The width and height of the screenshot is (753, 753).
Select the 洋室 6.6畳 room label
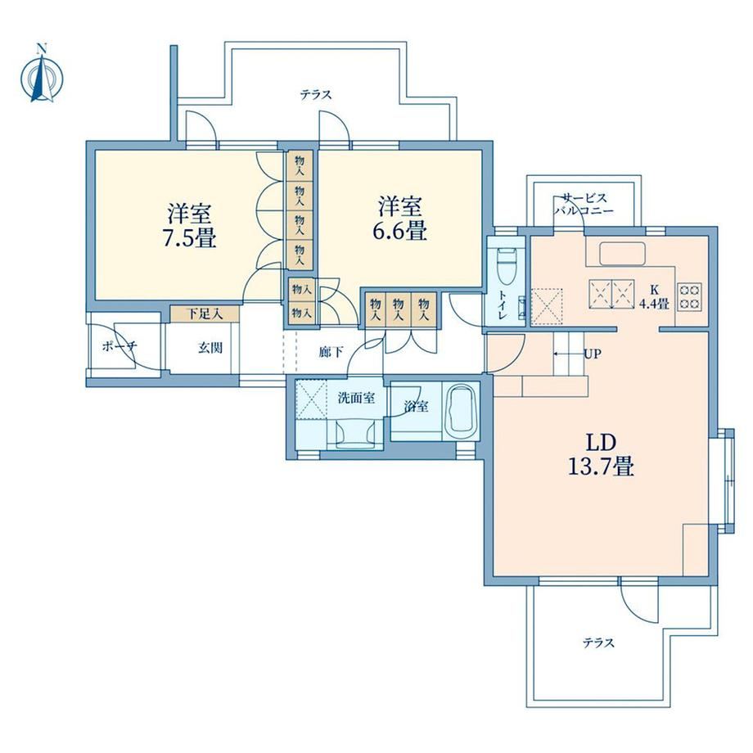click(x=400, y=219)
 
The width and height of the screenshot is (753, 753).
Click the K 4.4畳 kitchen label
click(x=654, y=297)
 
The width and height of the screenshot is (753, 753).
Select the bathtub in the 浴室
click(x=462, y=411)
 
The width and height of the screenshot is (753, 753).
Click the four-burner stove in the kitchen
click(x=690, y=296)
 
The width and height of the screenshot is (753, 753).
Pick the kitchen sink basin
click(x=622, y=254)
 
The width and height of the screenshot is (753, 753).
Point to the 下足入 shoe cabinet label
click(x=205, y=314)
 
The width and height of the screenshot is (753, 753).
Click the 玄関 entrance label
click(x=210, y=347)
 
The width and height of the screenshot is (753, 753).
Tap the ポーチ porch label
click(x=119, y=346)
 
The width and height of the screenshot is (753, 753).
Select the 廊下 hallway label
click(x=331, y=352)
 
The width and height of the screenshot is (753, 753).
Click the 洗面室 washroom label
click(x=356, y=398)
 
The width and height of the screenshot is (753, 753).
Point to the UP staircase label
click(x=592, y=354)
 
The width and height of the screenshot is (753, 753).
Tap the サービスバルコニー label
click(x=584, y=204)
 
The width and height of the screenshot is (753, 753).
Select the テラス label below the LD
click(x=598, y=643)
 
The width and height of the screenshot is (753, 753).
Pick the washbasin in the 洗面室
click(x=355, y=433)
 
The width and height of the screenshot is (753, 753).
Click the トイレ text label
click(x=503, y=305)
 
